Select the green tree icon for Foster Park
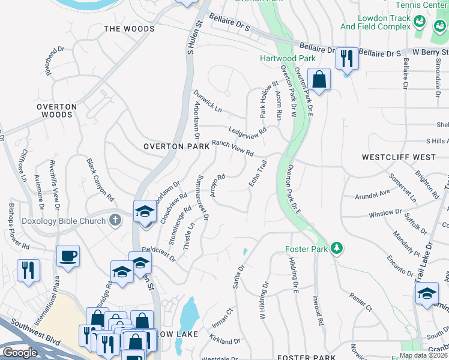coord(337,248)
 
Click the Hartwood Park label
coord(279,58)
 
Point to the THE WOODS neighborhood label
coord(129,29)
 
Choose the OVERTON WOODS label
coord(56,110)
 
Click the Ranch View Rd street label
coord(232,149)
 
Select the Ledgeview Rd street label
coord(247,131)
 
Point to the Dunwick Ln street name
coord(208,101)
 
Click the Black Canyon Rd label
coord(100,179)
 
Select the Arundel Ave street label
coord(373,194)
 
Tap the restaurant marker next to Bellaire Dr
coord(346,58)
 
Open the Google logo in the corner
coord(20,353)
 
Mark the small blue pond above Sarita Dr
coord(245,251)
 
